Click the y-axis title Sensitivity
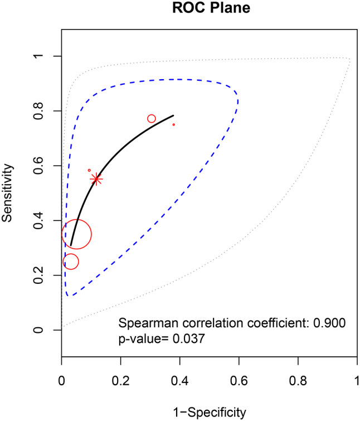pyautogui.click(x=8, y=193)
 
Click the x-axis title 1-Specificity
pyautogui.click(x=208, y=412)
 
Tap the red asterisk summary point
pyautogui.click(x=96, y=179)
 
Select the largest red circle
pyautogui.click(x=77, y=235)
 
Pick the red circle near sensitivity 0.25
pyautogui.click(x=71, y=262)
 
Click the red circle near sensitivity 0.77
pyautogui.click(x=152, y=119)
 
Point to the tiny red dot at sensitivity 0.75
pyautogui.click(x=174, y=125)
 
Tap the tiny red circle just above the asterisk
pyautogui.click(x=89, y=170)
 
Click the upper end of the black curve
pyautogui.click(x=173, y=115)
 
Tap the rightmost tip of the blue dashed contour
pyautogui.click(x=239, y=101)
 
